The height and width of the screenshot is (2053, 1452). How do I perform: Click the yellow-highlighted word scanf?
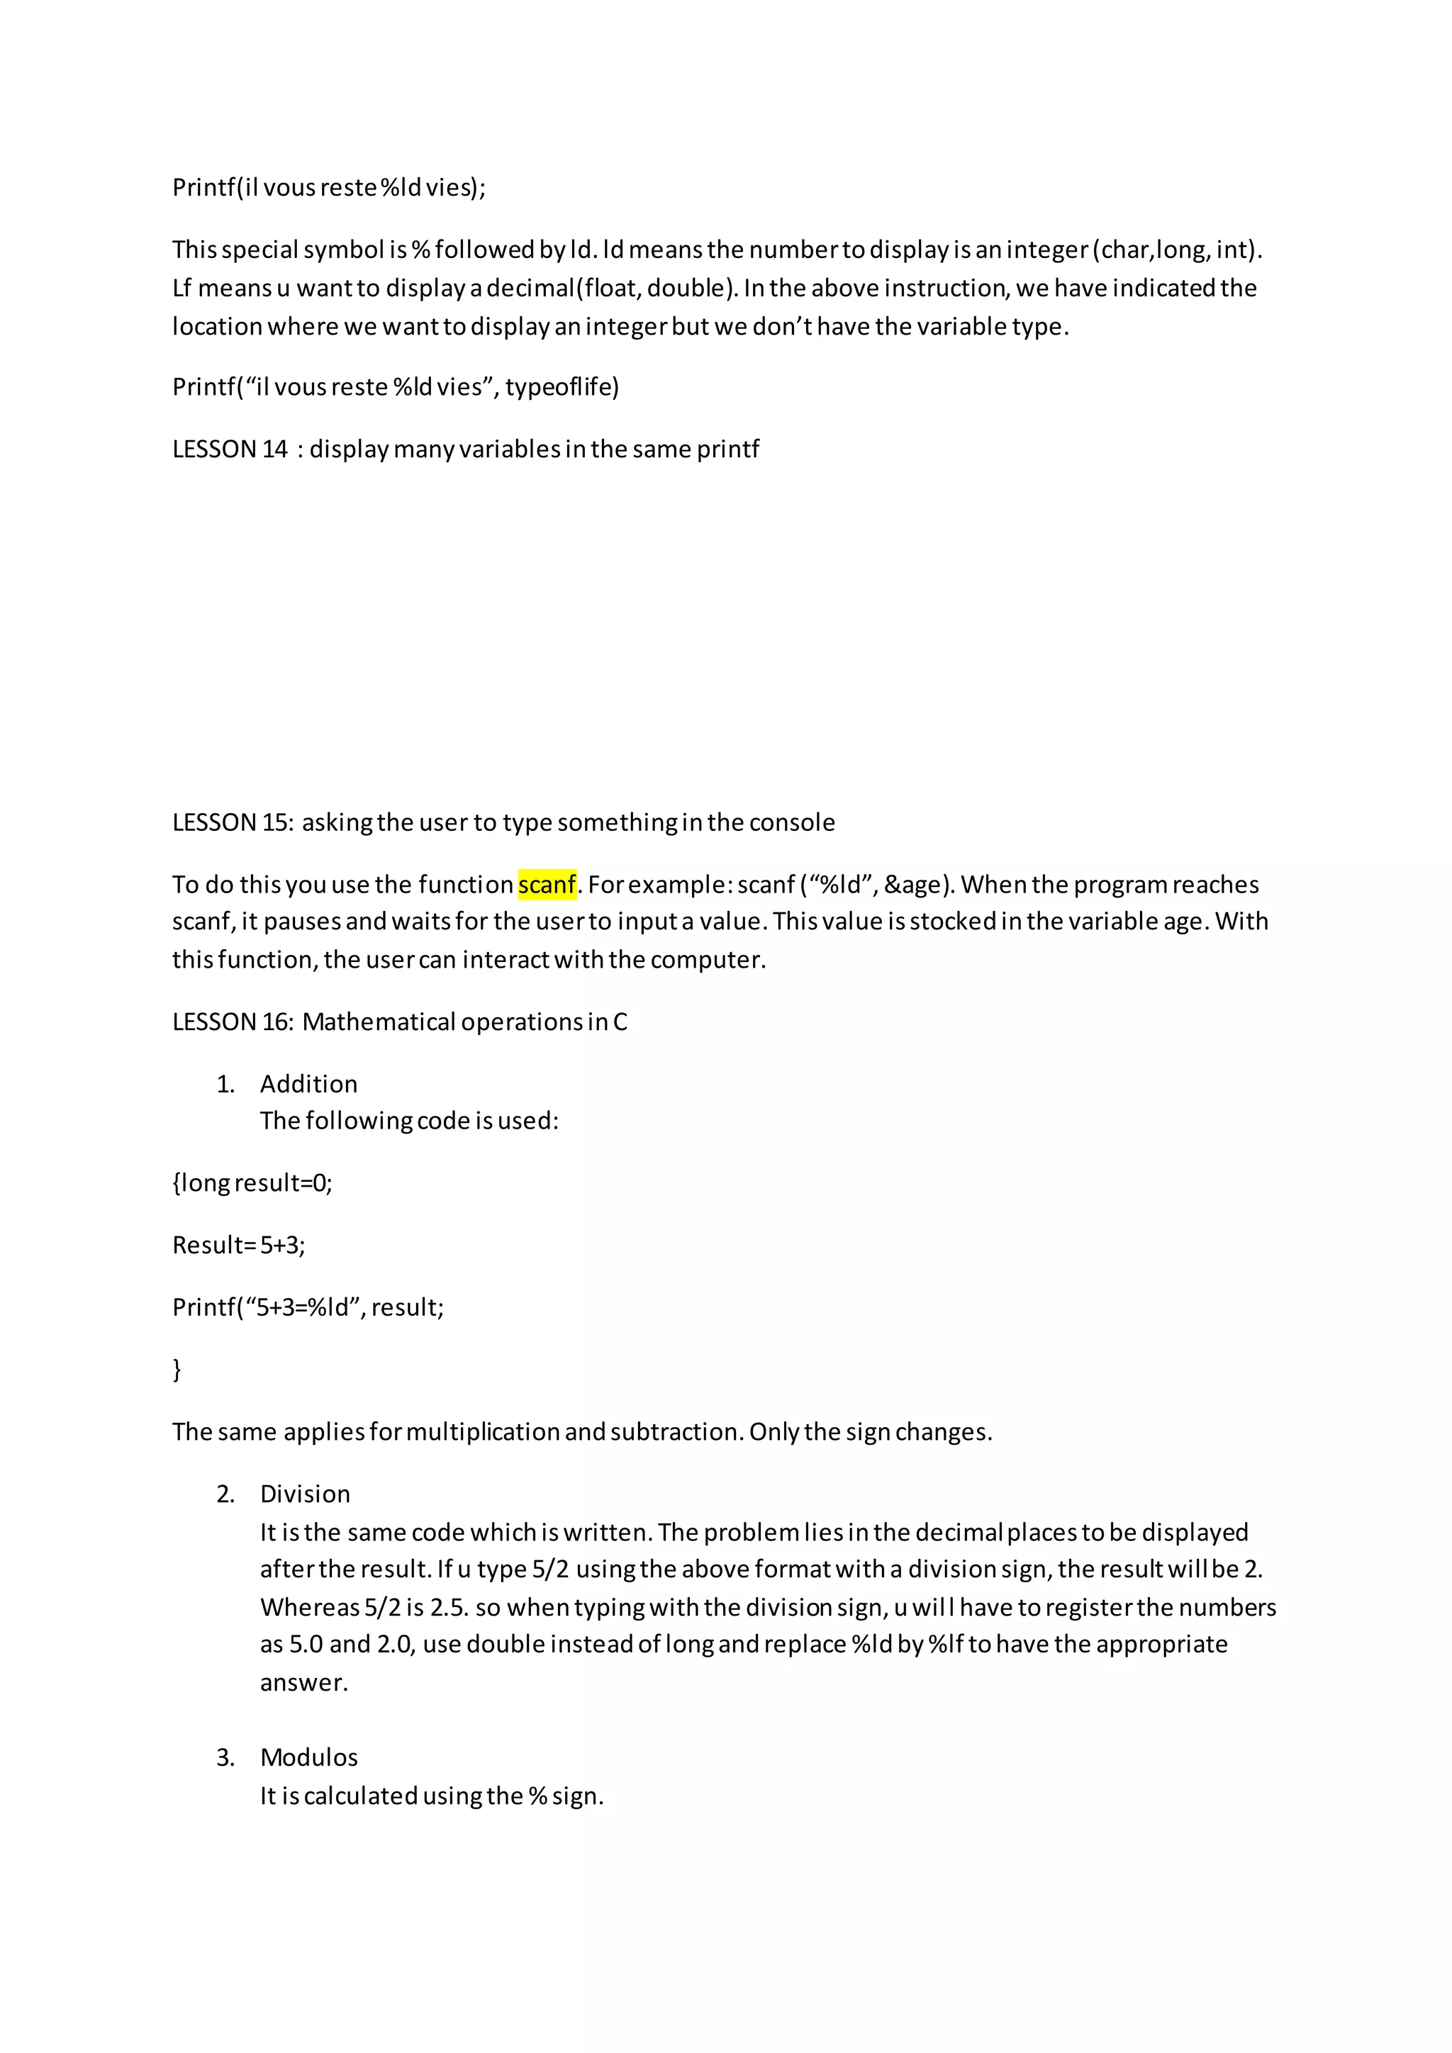[547, 884]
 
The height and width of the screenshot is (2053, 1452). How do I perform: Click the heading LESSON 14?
[230, 449]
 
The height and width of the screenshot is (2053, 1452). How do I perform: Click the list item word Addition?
[308, 1084]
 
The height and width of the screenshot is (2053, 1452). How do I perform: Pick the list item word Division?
[305, 1494]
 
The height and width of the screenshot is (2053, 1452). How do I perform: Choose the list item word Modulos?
[308, 1758]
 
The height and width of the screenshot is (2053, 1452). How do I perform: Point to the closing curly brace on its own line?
[177, 1369]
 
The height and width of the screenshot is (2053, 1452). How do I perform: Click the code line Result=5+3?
[239, 1246]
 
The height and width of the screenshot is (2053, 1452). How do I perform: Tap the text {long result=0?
[252, 1183]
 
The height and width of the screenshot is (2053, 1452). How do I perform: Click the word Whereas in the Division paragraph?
[309, 1608]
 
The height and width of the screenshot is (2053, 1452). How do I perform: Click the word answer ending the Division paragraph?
[304, 1683]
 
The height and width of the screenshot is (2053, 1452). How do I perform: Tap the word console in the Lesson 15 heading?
[791, 822]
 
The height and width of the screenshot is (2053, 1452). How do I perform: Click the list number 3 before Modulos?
[225, 1758]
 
